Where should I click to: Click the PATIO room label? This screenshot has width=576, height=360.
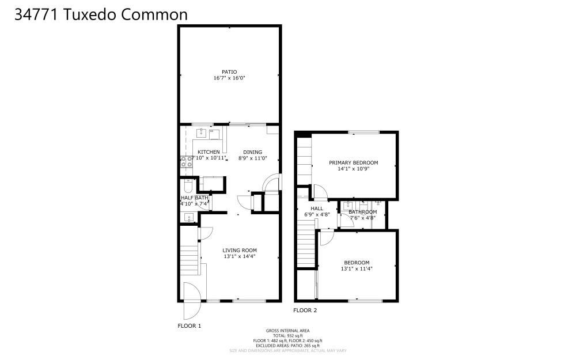pyautogui.click(x=229, y=72)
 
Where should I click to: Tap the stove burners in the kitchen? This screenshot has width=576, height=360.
pyautogui.click(x=187, y=162)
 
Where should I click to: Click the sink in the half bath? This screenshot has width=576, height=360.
pyautogui.click(x=188, y=217)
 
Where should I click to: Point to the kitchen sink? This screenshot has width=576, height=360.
pyautogui.click(x=202, y=133)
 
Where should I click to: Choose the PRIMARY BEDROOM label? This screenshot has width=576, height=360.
pyautogui.click(x=353, y=162)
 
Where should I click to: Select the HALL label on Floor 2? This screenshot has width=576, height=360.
pyautogui.click(x=317, y=209)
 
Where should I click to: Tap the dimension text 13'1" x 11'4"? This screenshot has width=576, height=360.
pyautogui.click(x=357, y=268)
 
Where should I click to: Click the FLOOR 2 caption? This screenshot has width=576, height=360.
pyautogui.click(x=305, y=310)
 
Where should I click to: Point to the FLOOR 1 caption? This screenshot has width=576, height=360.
pyautogui.click(x=189, y=326)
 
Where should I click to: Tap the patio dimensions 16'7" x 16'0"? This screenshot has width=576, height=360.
pyautogui.click(x=229, y=78)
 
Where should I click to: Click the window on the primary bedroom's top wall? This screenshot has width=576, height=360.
pyautogui.click(x=363, y=132)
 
